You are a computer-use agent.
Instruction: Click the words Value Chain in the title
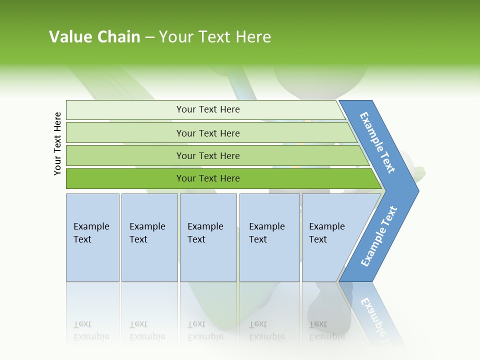[94, 37]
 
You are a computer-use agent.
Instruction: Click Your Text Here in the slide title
[215, 37]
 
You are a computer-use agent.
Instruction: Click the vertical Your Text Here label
[58, 144]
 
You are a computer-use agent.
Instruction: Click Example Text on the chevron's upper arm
[377, 142]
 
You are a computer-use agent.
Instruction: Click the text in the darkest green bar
[208, 178]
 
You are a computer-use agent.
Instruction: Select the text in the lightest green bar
[208, 109]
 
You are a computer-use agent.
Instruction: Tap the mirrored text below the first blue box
[91, 330]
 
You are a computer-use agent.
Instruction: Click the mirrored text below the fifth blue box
[326, 330]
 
